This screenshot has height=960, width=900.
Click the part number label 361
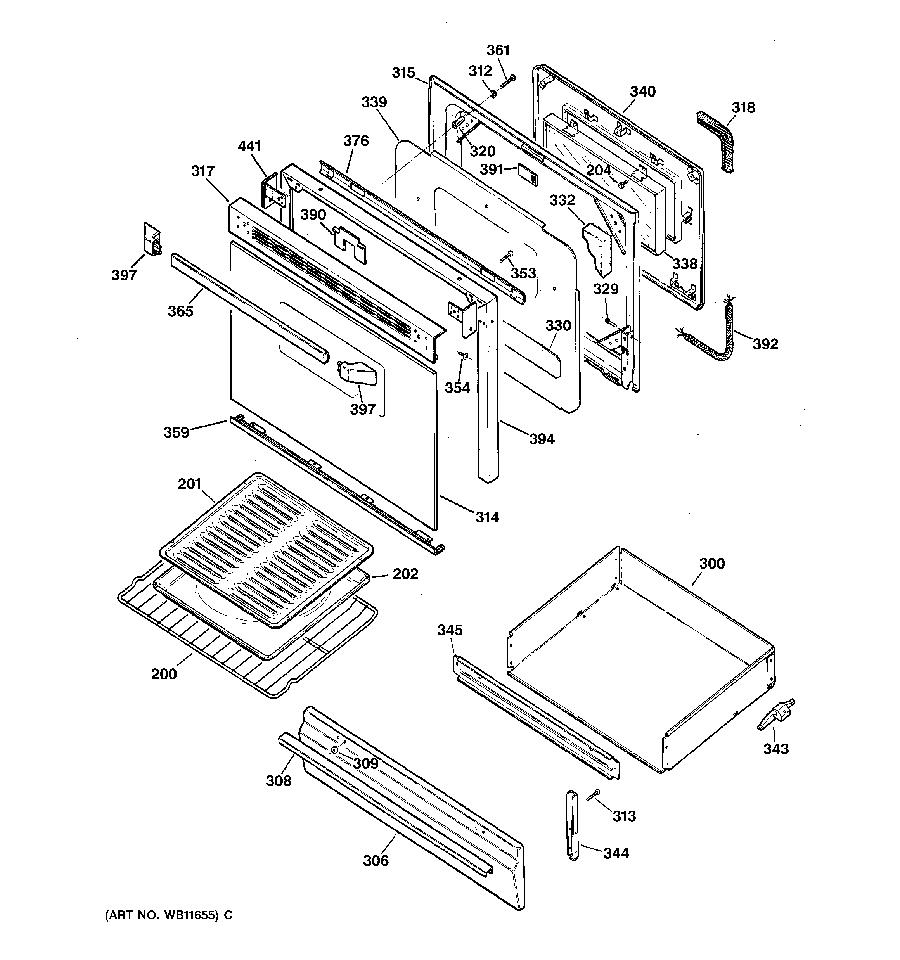tap(498, 50)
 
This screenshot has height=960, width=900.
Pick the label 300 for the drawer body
tap(712, 564)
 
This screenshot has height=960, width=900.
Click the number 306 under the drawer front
tap(376, 861)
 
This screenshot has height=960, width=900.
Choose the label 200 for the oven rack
tap(164, 674)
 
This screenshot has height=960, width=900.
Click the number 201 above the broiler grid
tap(189, 483)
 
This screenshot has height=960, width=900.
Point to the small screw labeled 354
tap(464, 356)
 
